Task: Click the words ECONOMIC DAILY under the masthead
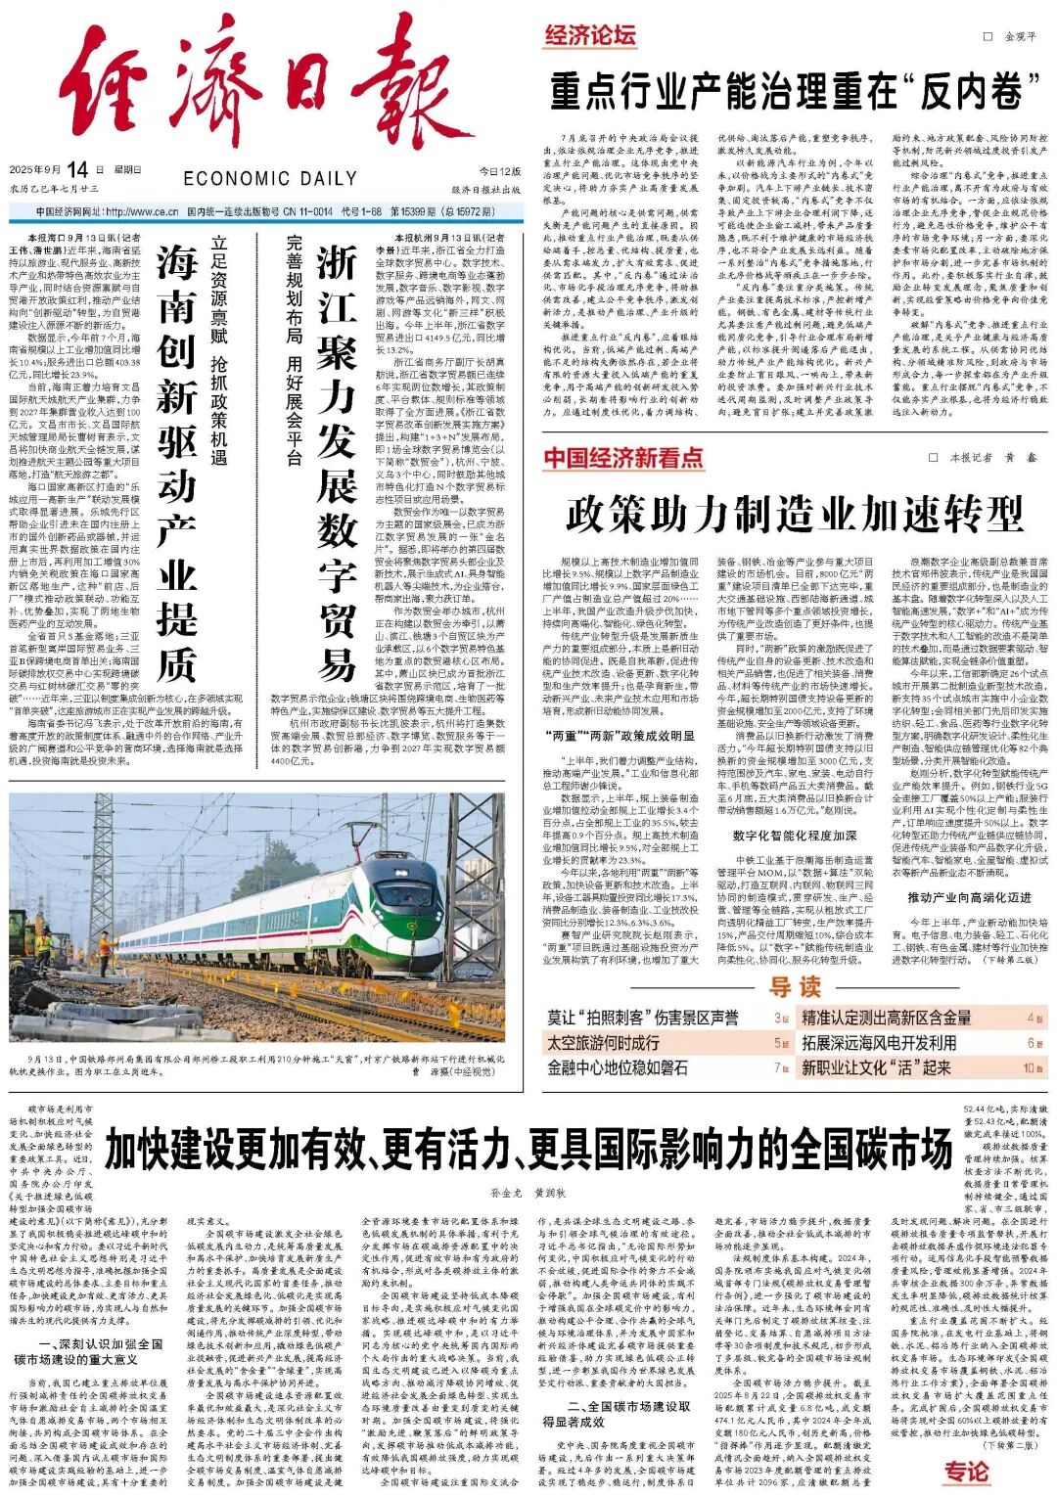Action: pos(269,178)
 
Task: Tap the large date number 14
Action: pos(78,169)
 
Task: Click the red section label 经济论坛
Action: pos(590,36)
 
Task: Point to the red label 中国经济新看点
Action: pos(623,458)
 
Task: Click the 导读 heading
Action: pos(794,986)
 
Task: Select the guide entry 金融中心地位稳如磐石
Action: pos(617,1067)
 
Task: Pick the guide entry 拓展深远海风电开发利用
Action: pos(879,1043)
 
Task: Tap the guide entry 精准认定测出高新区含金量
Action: pos(887,1018)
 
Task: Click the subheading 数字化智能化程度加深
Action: pos(794,836)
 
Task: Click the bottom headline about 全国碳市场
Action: pos(528,1148)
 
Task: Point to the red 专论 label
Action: pos(966,1471)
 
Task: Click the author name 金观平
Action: pos(1021,36)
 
